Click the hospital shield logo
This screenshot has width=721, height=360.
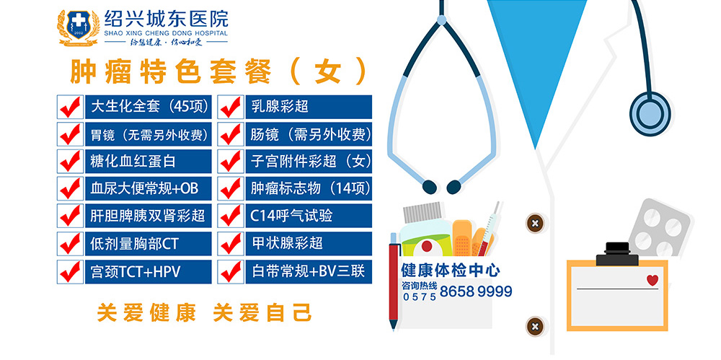78,27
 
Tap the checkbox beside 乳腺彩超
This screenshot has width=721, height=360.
231,107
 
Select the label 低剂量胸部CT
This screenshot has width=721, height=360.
134,244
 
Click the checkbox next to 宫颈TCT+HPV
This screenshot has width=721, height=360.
71,271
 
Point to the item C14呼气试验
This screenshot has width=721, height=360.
291,216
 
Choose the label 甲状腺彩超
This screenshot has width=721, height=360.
288,243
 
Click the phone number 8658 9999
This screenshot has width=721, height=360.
476,291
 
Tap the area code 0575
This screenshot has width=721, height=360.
420,297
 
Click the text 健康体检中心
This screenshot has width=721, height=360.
451,270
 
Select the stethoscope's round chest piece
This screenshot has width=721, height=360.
650,114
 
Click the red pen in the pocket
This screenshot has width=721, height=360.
393,282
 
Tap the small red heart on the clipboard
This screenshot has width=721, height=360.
652,280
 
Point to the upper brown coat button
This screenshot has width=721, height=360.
535,223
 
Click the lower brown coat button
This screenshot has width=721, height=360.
535,326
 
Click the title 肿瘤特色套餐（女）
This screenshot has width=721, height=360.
218,71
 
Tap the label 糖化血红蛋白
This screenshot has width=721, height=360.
133,161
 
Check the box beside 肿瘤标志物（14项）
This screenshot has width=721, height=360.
231,189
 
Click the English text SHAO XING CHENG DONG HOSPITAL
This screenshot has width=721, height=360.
166,33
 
